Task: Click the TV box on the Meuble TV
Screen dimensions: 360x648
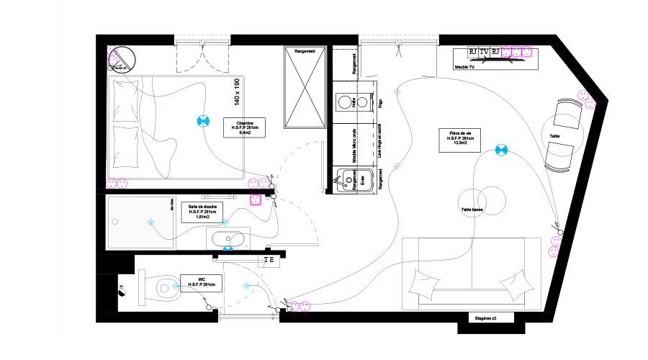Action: (x=484, y=52)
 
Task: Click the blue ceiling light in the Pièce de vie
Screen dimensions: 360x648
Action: (x=501, y=150)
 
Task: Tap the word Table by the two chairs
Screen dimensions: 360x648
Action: (x=554, y=136)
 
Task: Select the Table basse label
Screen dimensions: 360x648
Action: (x=472, y=210)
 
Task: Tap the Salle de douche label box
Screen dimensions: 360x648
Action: (x=203, y=212)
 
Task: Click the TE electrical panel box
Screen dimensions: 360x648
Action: (x=269, y=260)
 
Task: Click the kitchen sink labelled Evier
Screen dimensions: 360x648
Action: (x=348, y=178)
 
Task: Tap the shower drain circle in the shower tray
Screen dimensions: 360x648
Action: (x=150, y=222)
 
